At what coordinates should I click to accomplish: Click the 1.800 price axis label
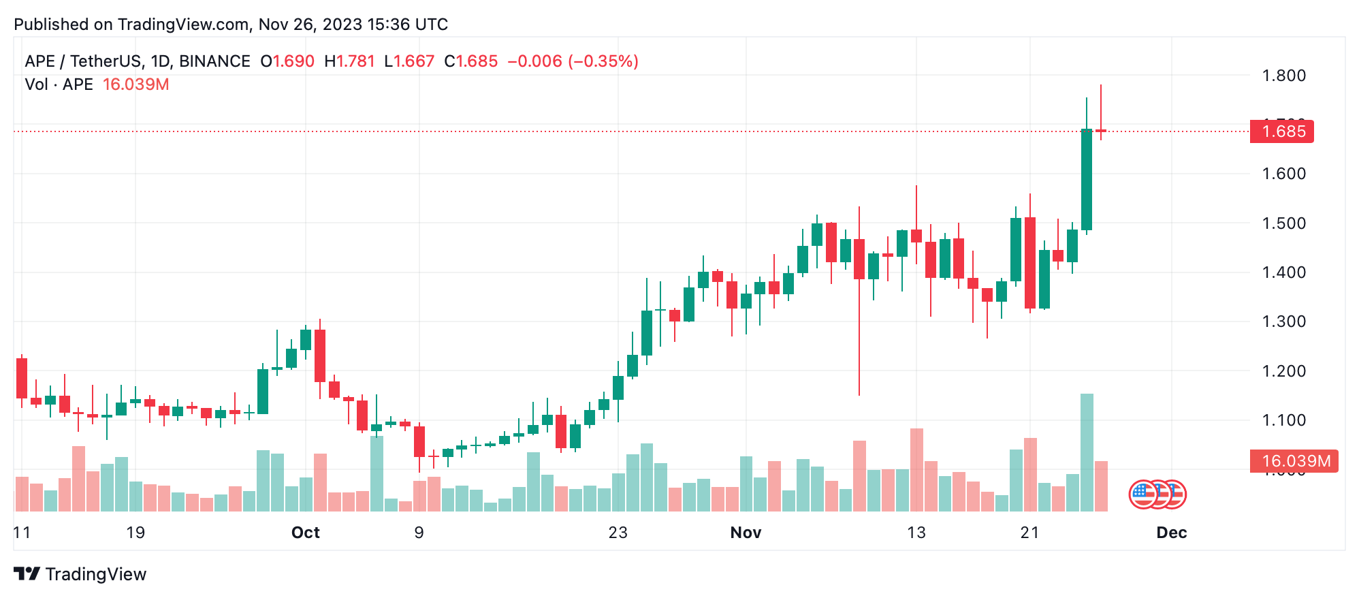(x=1283, y=76)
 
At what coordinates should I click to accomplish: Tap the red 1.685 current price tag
(x=1282, y=131)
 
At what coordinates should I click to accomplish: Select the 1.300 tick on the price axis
(x=1283, y=321)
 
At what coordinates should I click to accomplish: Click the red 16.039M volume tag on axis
(x=1294, y=461)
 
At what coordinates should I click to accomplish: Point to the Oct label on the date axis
(x=305, y=533)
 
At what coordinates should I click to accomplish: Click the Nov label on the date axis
(x=746, y=533)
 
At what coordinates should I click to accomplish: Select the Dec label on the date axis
(x=1171, y=533)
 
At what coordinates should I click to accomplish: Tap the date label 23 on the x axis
(x=618, y=533)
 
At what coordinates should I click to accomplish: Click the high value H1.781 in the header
(x=349, y=61)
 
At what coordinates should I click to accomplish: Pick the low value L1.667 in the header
(x=409, y=61)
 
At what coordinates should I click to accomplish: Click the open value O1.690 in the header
(x=287, y=61)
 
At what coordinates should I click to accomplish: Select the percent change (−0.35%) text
(x=603, y=61)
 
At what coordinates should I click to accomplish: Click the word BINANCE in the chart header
(x=214, y=61)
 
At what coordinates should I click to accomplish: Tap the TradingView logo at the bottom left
(x=80, y=574)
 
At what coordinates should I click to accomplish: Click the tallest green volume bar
(x=1087, y=452)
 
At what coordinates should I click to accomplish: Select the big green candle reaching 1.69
(x=1087, y=179)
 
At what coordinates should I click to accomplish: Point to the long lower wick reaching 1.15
(x=859, y=341)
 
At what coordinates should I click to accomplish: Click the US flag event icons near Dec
(x=1157, y=494)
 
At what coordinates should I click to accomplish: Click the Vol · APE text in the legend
(x=59, y=84)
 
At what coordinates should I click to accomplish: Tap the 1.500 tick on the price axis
(x=1283, y=223)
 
